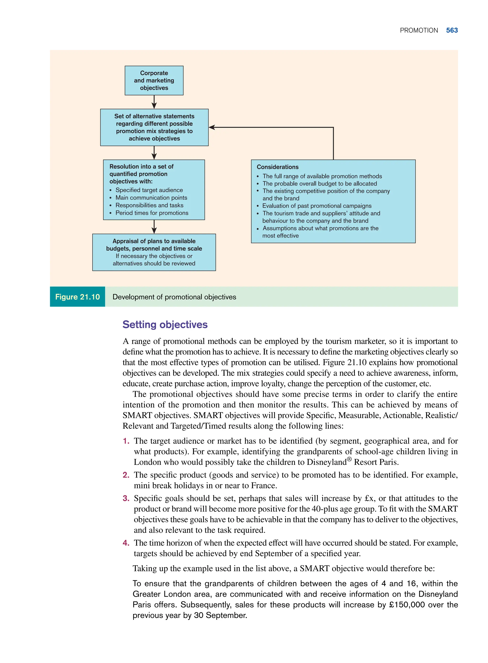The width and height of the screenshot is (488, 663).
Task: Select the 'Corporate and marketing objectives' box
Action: tap(154, 80)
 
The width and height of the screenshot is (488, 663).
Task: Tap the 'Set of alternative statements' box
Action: tap(154, 127)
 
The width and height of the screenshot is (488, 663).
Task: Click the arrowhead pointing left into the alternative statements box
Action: tap(212, 127)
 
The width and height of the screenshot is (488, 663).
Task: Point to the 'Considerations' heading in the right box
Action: tap(277, 167)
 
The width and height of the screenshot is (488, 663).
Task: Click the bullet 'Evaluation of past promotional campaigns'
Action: tap(317, 206)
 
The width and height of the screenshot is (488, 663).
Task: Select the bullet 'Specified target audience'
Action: tap(149, 190)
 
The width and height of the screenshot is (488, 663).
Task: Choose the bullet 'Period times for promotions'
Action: tap(152, 213)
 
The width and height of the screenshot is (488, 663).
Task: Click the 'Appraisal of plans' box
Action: tap(154, 252)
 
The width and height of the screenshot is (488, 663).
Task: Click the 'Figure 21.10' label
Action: tap(77, 297)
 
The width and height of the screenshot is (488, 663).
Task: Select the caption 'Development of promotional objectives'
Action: tap(174, 297)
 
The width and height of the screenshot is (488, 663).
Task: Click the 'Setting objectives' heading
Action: tap(165, 324)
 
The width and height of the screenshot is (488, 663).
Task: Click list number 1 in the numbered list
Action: tap(126, 441)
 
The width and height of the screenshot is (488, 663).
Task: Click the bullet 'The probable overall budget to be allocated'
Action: tap(320, 183)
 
